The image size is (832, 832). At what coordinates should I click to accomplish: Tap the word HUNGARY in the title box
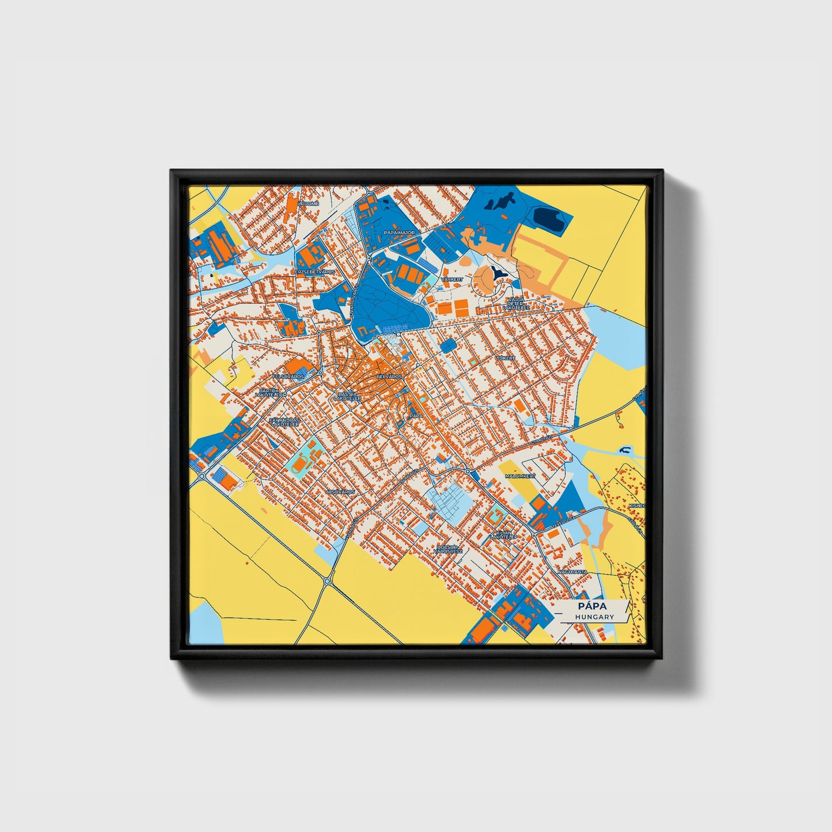coord(594,617)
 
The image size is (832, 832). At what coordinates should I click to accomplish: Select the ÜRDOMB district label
coord(308,203)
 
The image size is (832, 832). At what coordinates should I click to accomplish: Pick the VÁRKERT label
coord(451,279)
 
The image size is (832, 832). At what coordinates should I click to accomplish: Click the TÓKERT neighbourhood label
coord(506,358)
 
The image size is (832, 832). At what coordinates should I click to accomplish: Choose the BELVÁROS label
coord(389,376)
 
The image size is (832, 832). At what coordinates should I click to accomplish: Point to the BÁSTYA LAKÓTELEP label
coord(347,396)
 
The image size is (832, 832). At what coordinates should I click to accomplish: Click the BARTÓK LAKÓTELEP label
coord(271,393)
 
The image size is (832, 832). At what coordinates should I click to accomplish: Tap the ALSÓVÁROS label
coord(340,492)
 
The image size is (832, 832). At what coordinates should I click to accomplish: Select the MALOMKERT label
coord(520,477)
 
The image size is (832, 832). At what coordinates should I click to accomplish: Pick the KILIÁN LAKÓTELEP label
coord(504,535)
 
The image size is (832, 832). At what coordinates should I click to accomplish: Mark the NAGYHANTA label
coord(572,572)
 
